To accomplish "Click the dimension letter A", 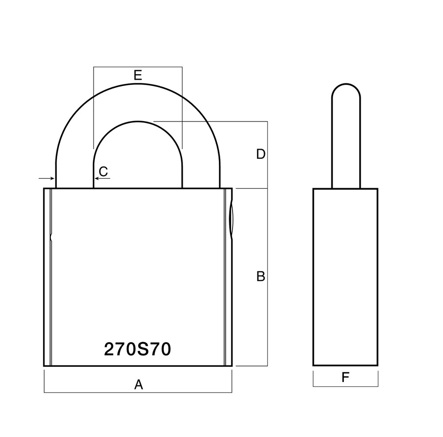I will pos(139,385).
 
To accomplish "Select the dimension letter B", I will pos(261,276).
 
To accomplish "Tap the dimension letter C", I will pos(103,171).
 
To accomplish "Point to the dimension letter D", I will pos(261,154).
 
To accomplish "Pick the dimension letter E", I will pos(138,75).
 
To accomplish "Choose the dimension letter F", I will pos(346,378).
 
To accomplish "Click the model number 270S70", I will pos(137,350).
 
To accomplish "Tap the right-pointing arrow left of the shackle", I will pos(46,178).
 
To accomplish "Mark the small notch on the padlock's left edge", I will pos(51,237).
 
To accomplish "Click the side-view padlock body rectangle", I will pos(346,277).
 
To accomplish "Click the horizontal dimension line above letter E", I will pos(138,67).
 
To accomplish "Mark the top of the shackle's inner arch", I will pos(138,122).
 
